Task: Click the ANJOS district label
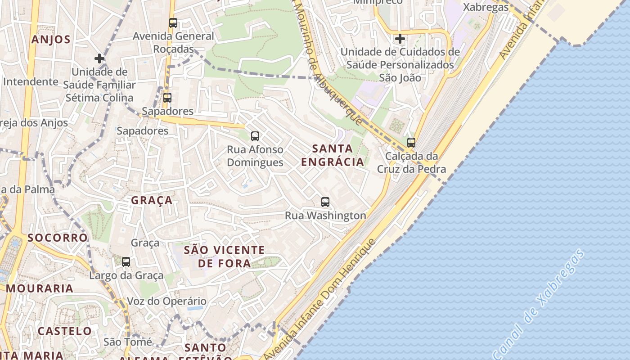tap(51, 40)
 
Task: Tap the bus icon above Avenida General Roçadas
tap(173, 23)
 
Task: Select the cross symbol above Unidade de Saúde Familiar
tap(99, 58)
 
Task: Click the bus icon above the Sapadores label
tap(167, 97)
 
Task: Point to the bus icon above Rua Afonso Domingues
tap(255, 136)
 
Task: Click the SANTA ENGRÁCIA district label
tap(332, 155)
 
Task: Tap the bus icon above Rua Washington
tap(325, 202)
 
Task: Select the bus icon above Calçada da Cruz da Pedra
tap(411, 143)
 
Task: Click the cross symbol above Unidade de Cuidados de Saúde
tap(400, 39)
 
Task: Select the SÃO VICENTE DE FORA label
tap(225, 256)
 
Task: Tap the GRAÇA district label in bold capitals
tap(152, 200)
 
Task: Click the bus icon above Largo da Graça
tap(126, 261)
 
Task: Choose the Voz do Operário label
tap(166, 301)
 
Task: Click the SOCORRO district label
tap(58, 238)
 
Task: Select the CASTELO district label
tap(64, 331)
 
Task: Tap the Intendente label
tap(31, 82)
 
